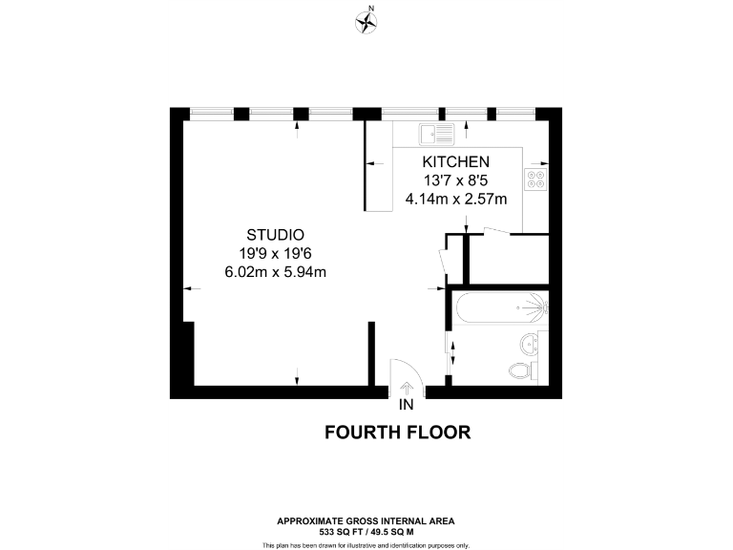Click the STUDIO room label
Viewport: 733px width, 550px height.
coord(275,235)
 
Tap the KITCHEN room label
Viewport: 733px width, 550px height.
coord(456,161)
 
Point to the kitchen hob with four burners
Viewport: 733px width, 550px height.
coord(535,179)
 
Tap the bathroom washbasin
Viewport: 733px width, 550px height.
coord(528,344)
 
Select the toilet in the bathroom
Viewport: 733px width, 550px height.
coord(521,370)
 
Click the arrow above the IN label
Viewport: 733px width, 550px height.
coord(408,388)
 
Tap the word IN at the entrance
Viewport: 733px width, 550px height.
coord(408,405)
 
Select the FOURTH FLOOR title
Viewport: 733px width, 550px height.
coord(398,433)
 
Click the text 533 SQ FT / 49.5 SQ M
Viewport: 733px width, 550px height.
coord(366,530)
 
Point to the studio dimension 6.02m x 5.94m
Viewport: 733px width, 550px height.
coord(275,272)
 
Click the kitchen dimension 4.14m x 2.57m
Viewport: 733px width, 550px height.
coord(456,199)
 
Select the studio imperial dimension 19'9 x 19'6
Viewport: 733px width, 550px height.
coord(275,253)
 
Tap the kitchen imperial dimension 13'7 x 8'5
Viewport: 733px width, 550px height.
coord(456,180)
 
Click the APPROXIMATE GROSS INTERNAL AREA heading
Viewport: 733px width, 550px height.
coord(366,520)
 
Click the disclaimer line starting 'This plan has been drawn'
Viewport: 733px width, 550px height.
coord(366,544)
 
